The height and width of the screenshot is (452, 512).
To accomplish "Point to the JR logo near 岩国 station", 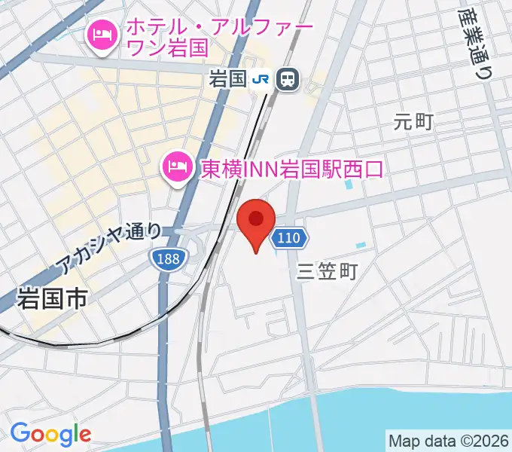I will coord(261,78).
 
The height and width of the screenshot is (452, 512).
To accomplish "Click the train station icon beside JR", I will coord(286,78).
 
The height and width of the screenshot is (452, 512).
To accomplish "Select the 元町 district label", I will coord(413,121).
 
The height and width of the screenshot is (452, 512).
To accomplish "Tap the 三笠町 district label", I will coord(327,270).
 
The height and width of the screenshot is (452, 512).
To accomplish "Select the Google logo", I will coord(50,434).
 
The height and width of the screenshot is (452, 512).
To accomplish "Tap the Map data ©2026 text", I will coord(448,440).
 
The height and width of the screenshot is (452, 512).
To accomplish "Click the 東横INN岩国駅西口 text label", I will coord(291,166).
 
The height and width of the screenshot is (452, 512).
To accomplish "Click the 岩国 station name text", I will coord(228,78).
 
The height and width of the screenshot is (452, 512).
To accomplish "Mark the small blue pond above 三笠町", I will coord(361,246).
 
